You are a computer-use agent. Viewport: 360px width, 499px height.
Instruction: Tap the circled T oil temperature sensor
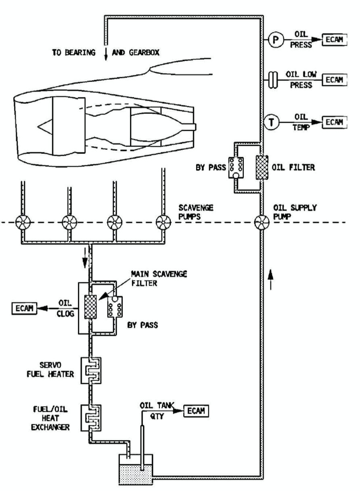[274, 122]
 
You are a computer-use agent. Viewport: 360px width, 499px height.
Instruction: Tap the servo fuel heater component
[91, 370]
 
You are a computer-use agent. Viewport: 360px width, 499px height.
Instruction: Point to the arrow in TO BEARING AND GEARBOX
[106, 54]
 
